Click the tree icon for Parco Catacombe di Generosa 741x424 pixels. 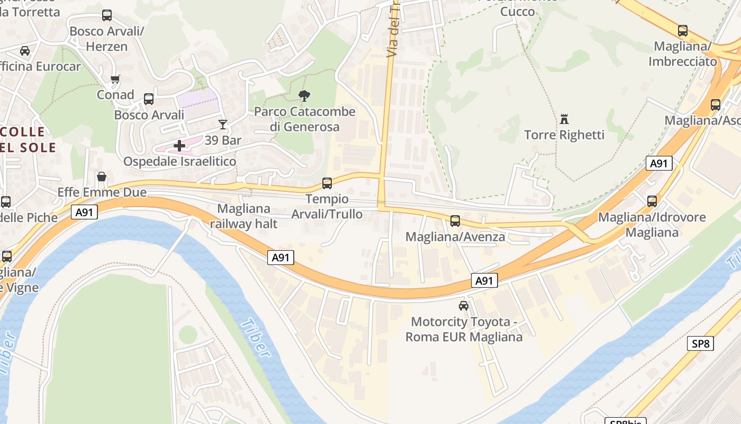(x=304, y=96)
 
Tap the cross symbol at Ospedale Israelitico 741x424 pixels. (x=179, y=145)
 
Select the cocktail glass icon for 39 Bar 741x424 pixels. (x=222, y=125)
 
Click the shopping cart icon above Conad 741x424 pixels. (x=115, y=79)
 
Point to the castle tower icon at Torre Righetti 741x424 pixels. (x=564, y=119)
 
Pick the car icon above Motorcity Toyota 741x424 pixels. (x=464, y=306)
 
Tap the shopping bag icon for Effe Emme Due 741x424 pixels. (x=102, y=176)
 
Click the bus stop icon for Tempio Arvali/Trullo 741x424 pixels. (x=327, y=183)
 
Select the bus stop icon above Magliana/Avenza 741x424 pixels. (x=455, y=221)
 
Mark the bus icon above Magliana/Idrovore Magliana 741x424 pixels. (x=652, y=201)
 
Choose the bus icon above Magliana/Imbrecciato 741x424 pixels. (x=683, y=31)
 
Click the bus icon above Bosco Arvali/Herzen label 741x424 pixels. (x=107, y=15)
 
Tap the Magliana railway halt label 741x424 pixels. (x=243, y=216)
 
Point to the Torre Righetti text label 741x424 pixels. (x=564, y=135)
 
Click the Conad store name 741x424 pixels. (x=115, y=95)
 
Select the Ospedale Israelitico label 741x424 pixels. (x=179, y=161)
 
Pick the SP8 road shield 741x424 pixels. (x=700, y=343)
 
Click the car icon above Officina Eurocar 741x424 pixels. (x=25, y=51)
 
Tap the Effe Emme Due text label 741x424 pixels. (x=102, y=192)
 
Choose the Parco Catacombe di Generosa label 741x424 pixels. (x=304, y=119)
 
